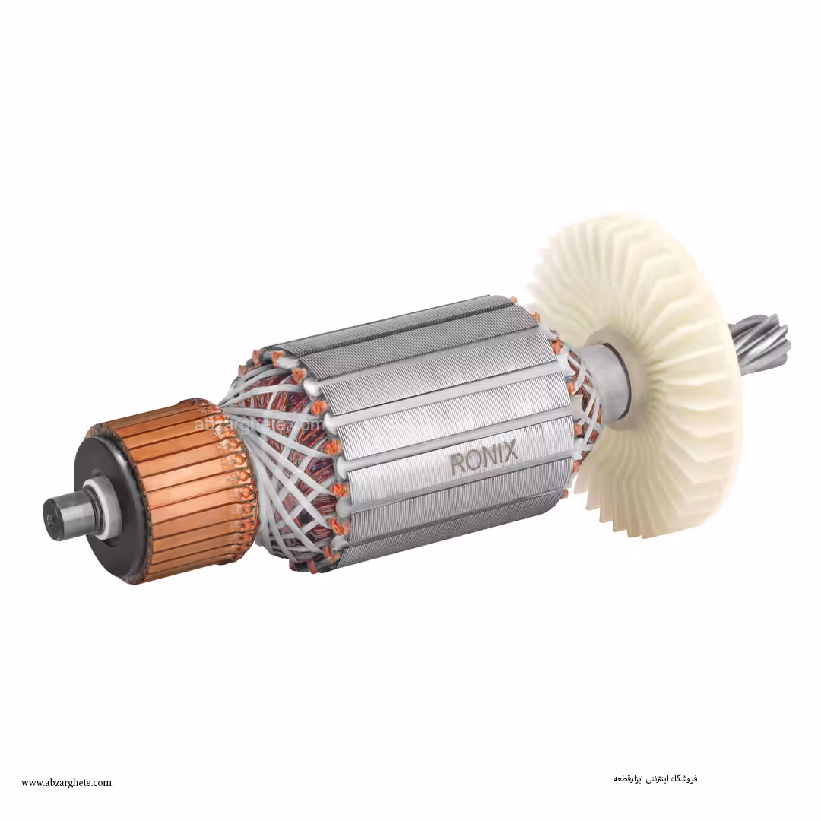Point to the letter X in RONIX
point(510,451)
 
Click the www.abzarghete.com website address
point(66,782)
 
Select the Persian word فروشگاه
point(683,778)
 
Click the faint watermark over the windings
point(258,423)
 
